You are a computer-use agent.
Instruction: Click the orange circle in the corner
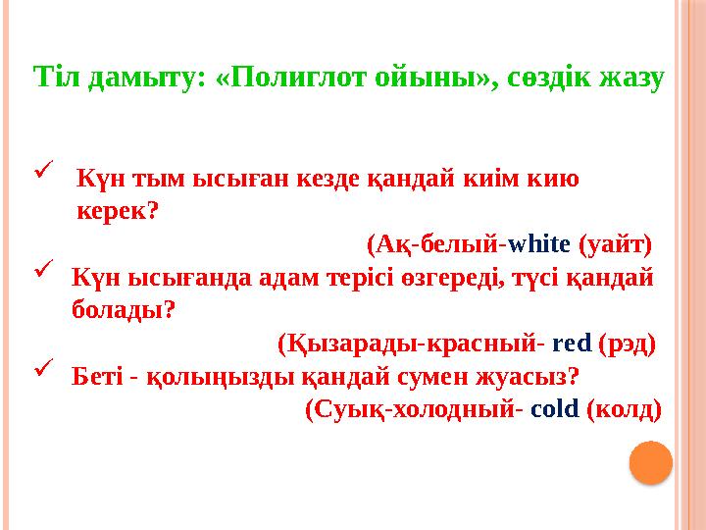coord(649,462)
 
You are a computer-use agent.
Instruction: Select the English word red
coord(573,344)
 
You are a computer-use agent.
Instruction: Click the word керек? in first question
coord(119,210)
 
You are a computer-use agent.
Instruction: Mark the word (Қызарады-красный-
coord(412,344)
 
